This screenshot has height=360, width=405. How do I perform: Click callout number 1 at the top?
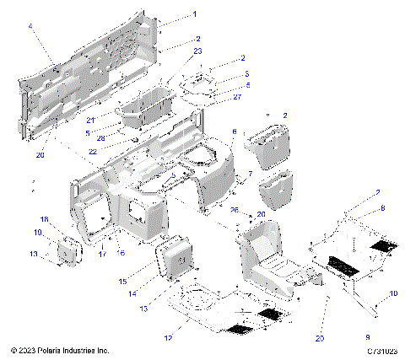[194, 14]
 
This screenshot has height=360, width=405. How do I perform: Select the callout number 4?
[30, 27]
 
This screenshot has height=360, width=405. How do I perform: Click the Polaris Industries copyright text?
[60, 349]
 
